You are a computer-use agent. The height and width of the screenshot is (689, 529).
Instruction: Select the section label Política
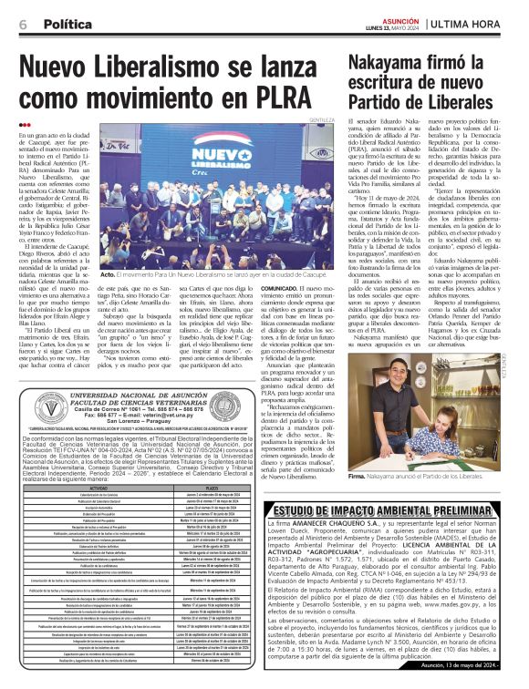(69, 23)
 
